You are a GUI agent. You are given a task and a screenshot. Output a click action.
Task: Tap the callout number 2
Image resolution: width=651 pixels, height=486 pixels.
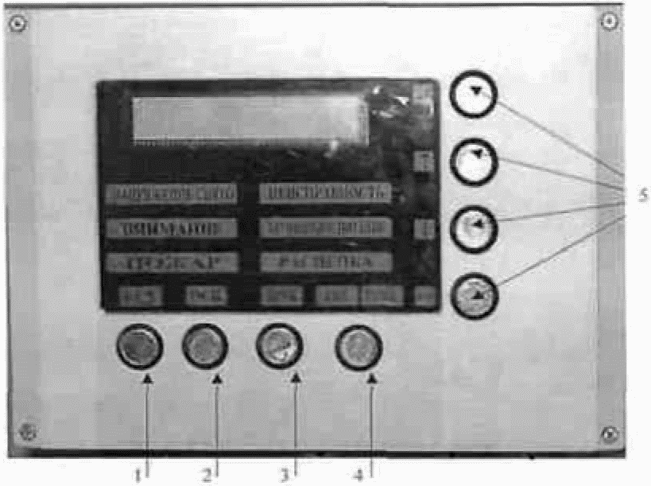tap(206, 476)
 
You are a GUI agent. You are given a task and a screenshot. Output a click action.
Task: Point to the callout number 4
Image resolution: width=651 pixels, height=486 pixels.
tap(359, 475)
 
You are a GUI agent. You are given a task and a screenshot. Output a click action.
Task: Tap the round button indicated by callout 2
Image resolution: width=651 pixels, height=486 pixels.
tap(205, 346)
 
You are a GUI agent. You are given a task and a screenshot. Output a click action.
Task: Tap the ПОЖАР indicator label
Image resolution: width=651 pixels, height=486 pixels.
tap(172, 263)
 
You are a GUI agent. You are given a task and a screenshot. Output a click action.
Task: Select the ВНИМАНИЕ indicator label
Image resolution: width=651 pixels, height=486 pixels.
tap(172, 228)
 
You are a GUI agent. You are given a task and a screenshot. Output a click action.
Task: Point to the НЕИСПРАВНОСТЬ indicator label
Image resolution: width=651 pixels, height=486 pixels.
tap(326, 192)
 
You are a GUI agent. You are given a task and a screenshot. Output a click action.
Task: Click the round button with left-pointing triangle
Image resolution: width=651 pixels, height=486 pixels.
tap(474, 229)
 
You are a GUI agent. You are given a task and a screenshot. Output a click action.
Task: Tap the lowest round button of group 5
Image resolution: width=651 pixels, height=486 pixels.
tap(474, 296)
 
